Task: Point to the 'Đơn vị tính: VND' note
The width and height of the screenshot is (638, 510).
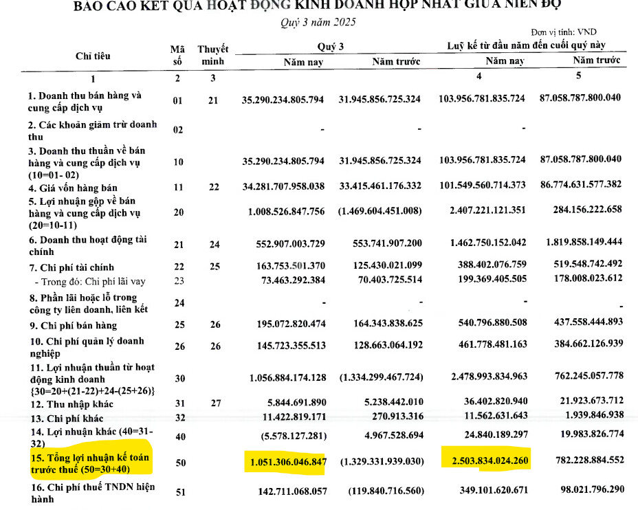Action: [x=564, y=32]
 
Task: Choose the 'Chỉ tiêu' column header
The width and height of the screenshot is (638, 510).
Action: [x=93, y=56]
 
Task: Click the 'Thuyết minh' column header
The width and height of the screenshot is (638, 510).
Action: [x=213, y=55]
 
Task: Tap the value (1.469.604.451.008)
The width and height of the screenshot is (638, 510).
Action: [x=379, y=212]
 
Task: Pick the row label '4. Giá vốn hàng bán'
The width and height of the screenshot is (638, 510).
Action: [x=72, y=188]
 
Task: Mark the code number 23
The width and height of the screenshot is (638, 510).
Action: [x=178, y=281]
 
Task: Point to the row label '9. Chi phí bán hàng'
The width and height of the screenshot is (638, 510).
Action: [x=72, y=325]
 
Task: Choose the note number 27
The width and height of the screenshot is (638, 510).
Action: [x=213, y=404]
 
